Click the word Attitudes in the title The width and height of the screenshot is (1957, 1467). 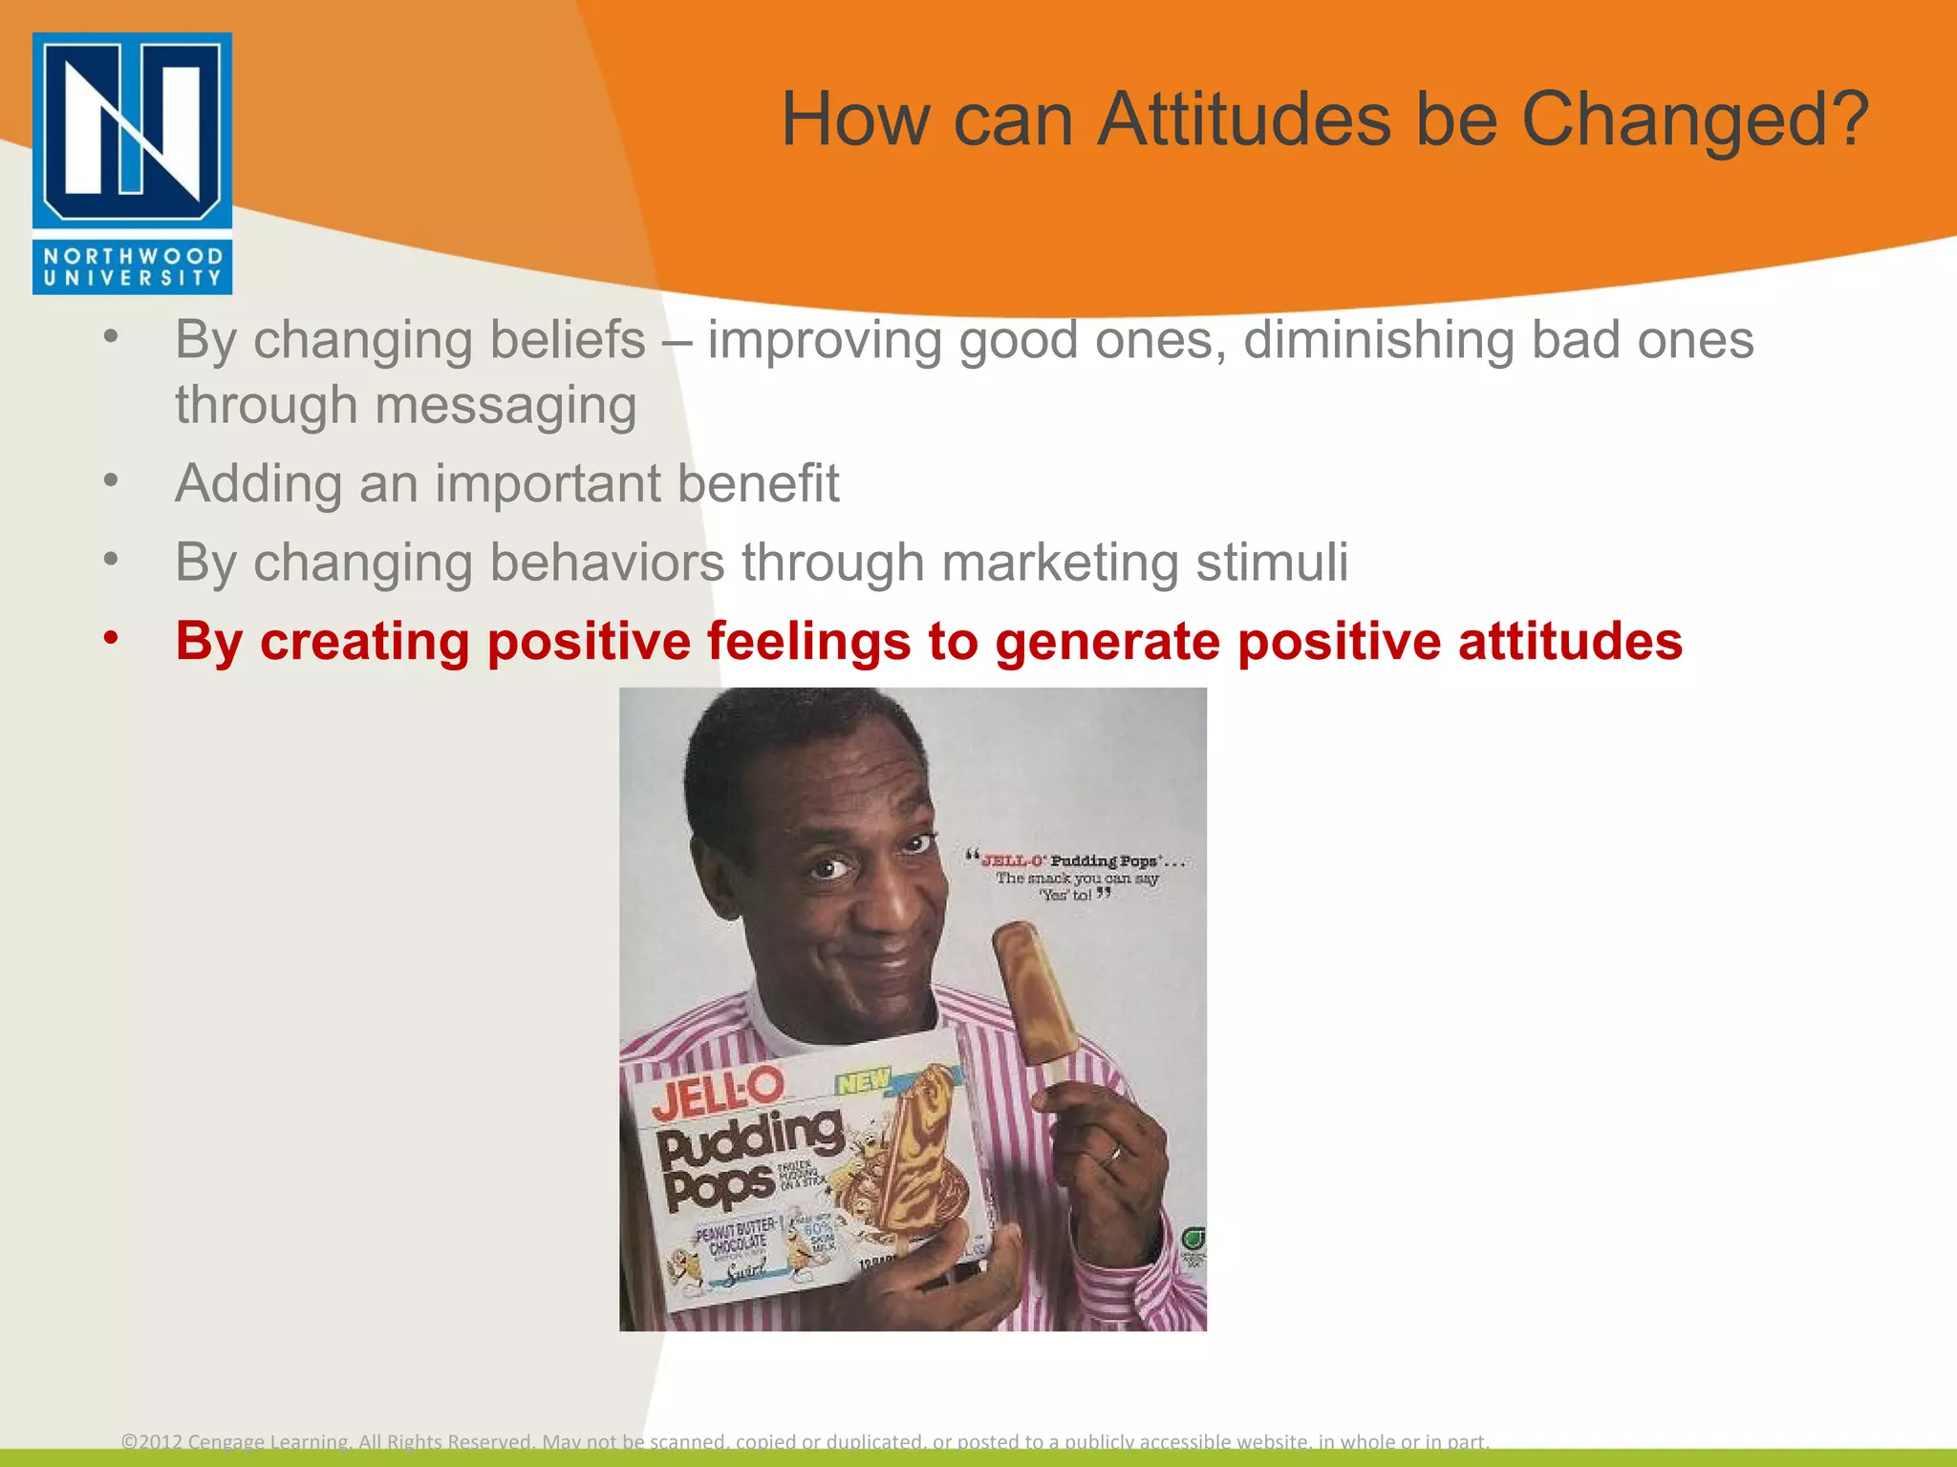(1245, 119)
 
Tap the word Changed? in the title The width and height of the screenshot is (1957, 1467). (1693, 119)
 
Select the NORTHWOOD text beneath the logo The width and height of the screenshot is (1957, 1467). (132, 256)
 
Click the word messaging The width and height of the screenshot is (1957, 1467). (505, 405)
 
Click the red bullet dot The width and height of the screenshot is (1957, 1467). (112, 636)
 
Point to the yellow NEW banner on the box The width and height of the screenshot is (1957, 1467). (863, 1082)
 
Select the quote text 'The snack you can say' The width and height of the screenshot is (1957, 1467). (1077, 878)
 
